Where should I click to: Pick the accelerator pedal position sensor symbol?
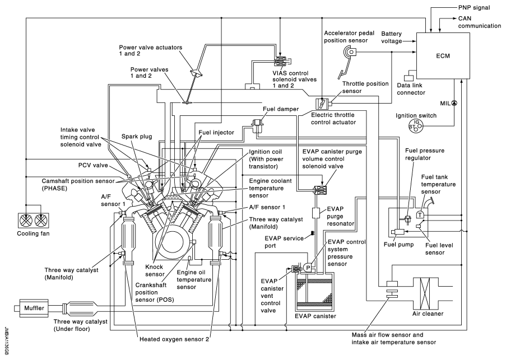[351, 53]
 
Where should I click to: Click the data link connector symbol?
[409, 73]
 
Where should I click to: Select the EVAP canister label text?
[315, 316]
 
